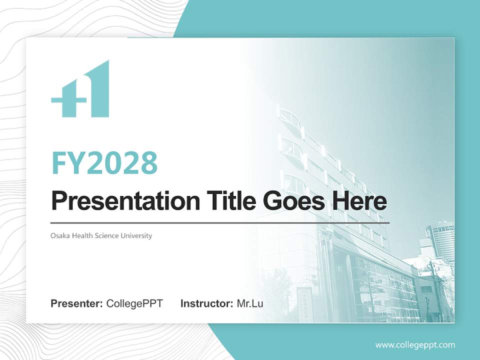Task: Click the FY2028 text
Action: pyautogui.click(x=104, y=162)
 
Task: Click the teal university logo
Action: pyautogui.click(x=80, y=89)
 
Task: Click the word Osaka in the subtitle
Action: pyautogui.click(x=60, y=235)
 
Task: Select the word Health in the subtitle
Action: pyautogui.click(x=82, y=235)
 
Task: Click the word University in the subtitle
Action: pyautogui.click(x=136, y=235)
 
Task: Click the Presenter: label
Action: pyautogui.click(x=77, y=303)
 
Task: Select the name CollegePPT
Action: pyautogui.click(x=134, y=303)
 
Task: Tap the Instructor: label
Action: pyautogui.click(x=206, y=303)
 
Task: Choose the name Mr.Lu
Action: pyautogui.click(x=250, y=303)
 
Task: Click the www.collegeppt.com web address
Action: pyautogui.click(x=415, y=345)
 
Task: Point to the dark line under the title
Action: pyautogui.click(x=220, y=223)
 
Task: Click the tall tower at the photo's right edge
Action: pyautogui.click(x=441, y=245)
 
